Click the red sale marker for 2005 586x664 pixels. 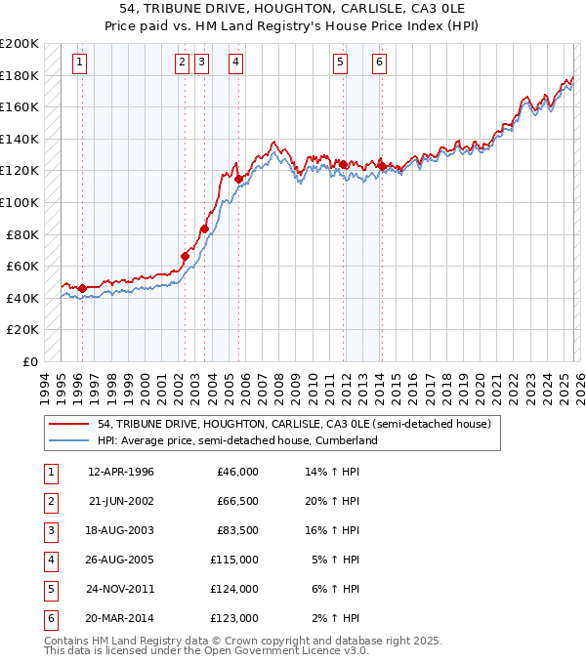[238, 179]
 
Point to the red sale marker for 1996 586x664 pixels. [82, 288]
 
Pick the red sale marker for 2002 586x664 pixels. [185, 256]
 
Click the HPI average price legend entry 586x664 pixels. [236, 440]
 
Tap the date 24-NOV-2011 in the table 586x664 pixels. [120, 589]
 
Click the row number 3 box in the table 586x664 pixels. [49, 530]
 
